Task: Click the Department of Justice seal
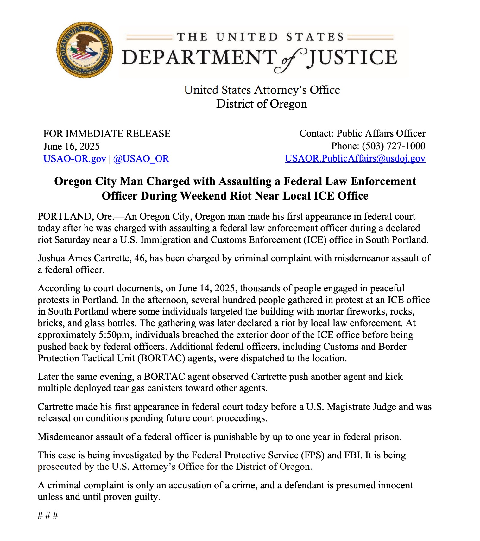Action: coord(85,50)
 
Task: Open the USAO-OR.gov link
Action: coord(75,158)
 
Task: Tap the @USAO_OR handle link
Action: coord(141,158)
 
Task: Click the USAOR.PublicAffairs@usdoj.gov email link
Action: coord(355,158)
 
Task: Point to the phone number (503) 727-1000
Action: coord(394,146)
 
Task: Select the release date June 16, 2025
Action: coord(72,146)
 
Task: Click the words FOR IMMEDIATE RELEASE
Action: coord(107,133)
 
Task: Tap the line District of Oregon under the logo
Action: coord(262,104)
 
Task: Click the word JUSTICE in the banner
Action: coord(352,58)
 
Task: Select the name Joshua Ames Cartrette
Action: coord(84,258)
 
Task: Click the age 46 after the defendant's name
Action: coord(140,258)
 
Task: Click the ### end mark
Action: coord(48,515)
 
